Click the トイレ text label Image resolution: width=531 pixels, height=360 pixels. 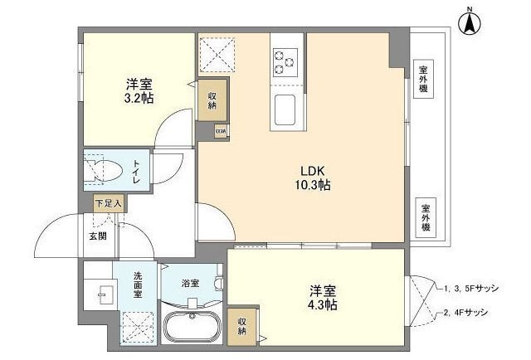pos(134,171)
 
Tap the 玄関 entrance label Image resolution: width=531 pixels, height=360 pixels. pos(98,236)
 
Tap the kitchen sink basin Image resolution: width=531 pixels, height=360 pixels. pos(285,109)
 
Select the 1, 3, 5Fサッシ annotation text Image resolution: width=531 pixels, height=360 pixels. pos(470,288)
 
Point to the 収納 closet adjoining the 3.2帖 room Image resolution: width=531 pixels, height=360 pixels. pos(212,100)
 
